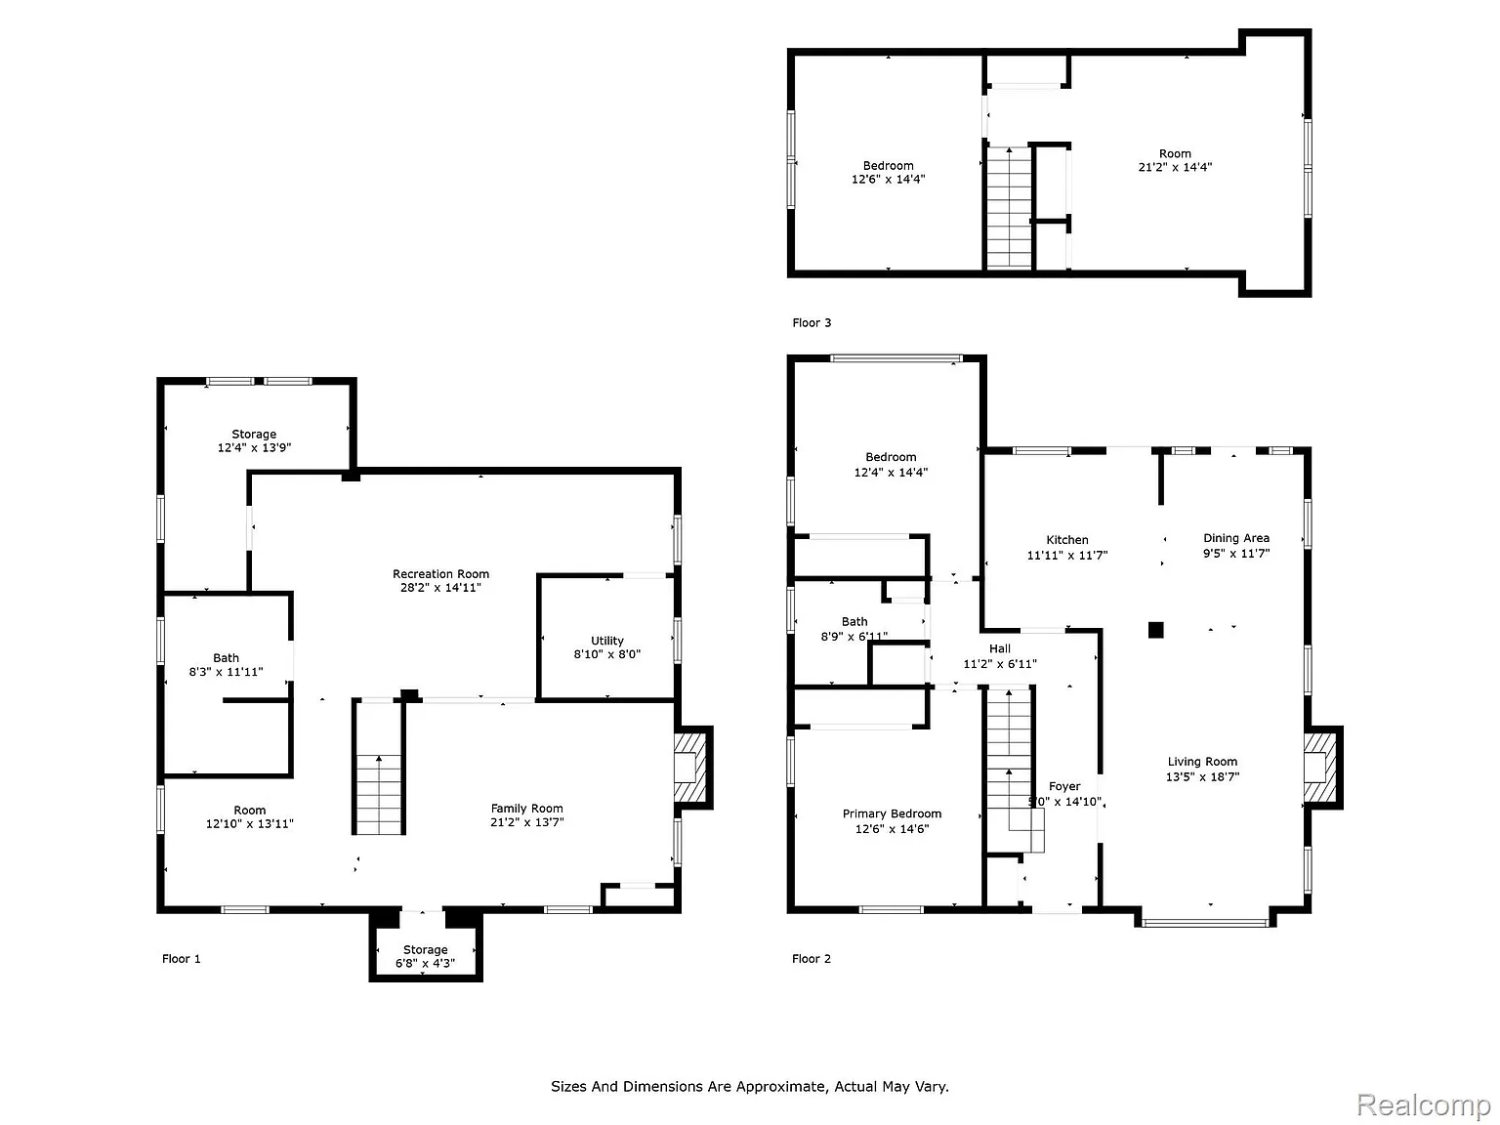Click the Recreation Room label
point(440,574)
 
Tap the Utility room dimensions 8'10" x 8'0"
point(606,654)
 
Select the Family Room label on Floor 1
point(526,809)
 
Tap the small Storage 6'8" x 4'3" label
point(425,956)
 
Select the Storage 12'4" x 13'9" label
point(254,440)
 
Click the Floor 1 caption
point(182,959)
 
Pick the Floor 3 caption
point(812,323)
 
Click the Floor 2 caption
point(812,959)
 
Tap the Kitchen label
point(1066,540)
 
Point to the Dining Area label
point(1236,538)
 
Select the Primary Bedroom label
point(892,813)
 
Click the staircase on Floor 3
point(1009,207)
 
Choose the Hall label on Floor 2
point(1000,648)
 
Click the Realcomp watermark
point(1423,1104)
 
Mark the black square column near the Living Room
point(1155,630)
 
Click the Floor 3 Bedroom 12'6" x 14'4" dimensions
point(888,180)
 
